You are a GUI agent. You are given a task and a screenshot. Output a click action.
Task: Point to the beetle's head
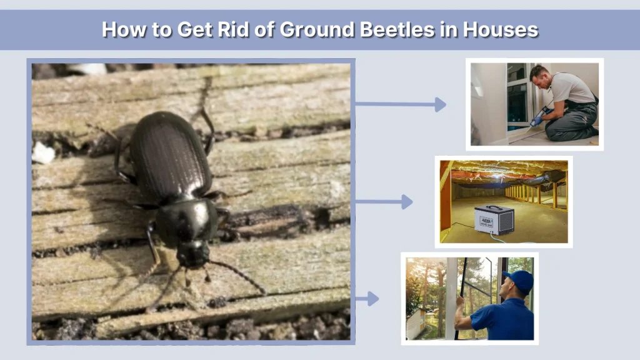192,253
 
